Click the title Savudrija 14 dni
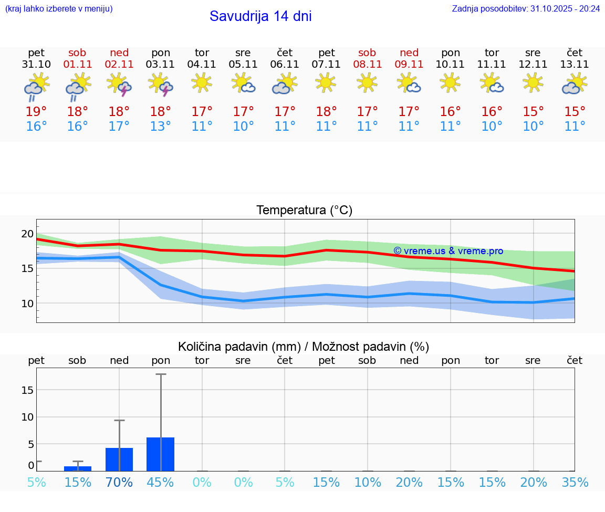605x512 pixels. (x=260, y=16)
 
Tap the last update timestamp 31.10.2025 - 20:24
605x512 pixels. (x=526, y=9)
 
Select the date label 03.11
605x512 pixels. (x=160, y=65)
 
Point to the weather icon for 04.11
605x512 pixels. (x=202, y=82)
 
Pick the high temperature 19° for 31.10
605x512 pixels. (x=36, y=112)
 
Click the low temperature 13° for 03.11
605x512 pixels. (x=160, y=127)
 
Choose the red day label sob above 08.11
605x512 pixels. (x=367, y=53)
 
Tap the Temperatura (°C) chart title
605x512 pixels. (x=304, y=211)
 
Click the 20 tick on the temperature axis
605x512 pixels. (x=27, y=234)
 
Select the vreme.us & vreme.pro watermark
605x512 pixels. (x=448, y=251)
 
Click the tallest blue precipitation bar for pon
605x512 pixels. (x=160, y=454)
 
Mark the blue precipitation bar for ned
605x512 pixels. (x=119, y=459)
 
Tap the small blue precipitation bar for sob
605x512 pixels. (x=78, y=468)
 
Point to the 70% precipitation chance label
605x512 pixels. (x=119, y=483)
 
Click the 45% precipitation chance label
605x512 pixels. (x=160, y=483)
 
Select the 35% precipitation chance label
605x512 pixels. (x=575, y=483)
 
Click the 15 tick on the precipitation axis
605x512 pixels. (x=27, y=390)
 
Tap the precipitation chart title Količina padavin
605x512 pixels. (x=304, y=347)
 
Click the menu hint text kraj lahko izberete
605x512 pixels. (x=59, y=9)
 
